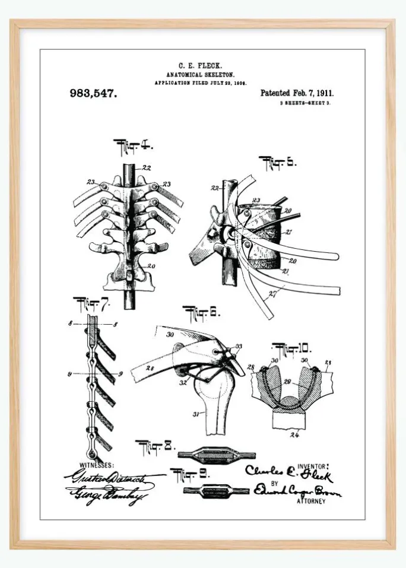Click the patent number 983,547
pos(93,93)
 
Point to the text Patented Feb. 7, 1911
pos(297,93)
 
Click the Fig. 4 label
pos(133,145)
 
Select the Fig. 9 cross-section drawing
pos(215,491)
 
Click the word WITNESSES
pos(97,465)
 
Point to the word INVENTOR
pos(312,467)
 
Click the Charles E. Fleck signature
pos(289,474)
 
